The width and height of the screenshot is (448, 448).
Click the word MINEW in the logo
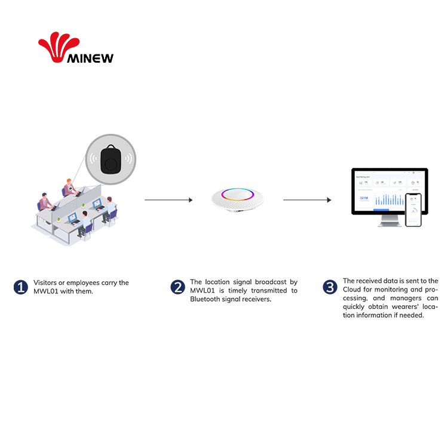click(91, 58)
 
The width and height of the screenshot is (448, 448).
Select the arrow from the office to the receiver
click(168, 200)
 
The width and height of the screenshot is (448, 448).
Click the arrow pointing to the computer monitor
click(306, 200)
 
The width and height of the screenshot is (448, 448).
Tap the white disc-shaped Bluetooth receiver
click(237, 200)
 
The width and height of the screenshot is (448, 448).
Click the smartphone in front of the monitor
click(413, 210)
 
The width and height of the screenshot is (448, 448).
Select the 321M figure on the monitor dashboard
click(364, 198)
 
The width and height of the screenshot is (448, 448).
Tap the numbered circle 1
click(21, 287)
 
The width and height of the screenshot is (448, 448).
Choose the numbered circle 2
click(177, 287)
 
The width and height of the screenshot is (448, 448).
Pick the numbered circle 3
click(330, 287)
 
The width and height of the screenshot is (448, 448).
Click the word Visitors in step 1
click(46, 283)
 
